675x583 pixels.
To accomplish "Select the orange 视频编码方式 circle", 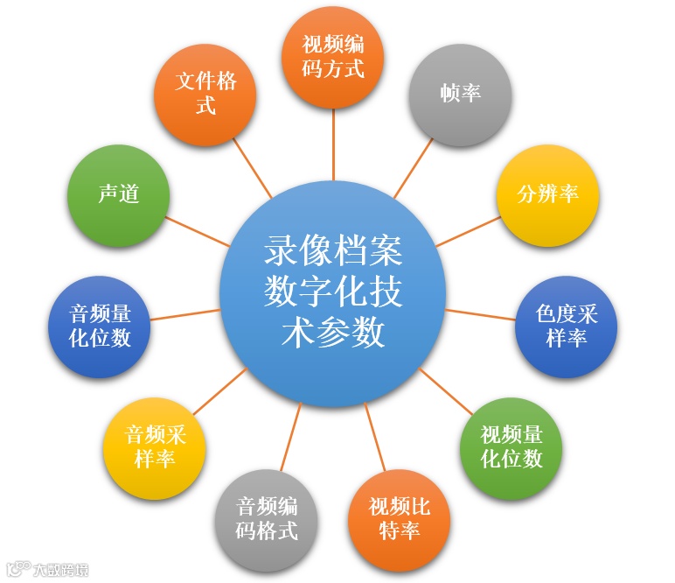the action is [333, 58].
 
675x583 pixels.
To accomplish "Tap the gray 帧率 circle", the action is [461, 94].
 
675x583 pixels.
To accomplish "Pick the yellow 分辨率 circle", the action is [547, 194].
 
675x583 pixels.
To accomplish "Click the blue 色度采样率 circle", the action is [567, 326].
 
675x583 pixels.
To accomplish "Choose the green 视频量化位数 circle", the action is [511, 447].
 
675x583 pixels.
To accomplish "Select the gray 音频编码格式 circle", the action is [268, 518].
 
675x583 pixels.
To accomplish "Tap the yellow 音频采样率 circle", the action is [155, 447].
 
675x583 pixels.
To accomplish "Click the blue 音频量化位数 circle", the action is [100, 326].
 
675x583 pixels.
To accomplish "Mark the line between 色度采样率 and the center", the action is [480, 314].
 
